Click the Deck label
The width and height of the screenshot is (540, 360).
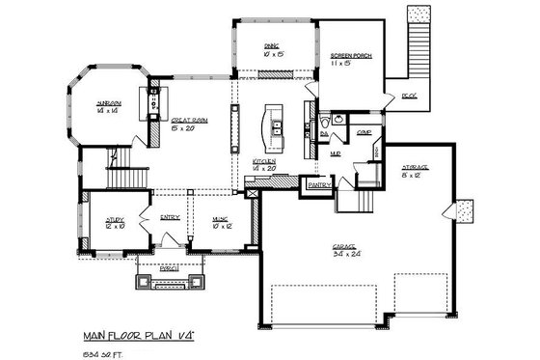pos(408,96)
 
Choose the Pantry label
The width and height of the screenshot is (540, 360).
pos(319,183)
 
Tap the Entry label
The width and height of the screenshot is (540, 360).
pos(170,218)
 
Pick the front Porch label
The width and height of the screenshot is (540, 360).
pos(169,267)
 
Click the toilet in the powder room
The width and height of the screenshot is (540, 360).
pos(328,123)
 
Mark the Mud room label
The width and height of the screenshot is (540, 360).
pos(337,152)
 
